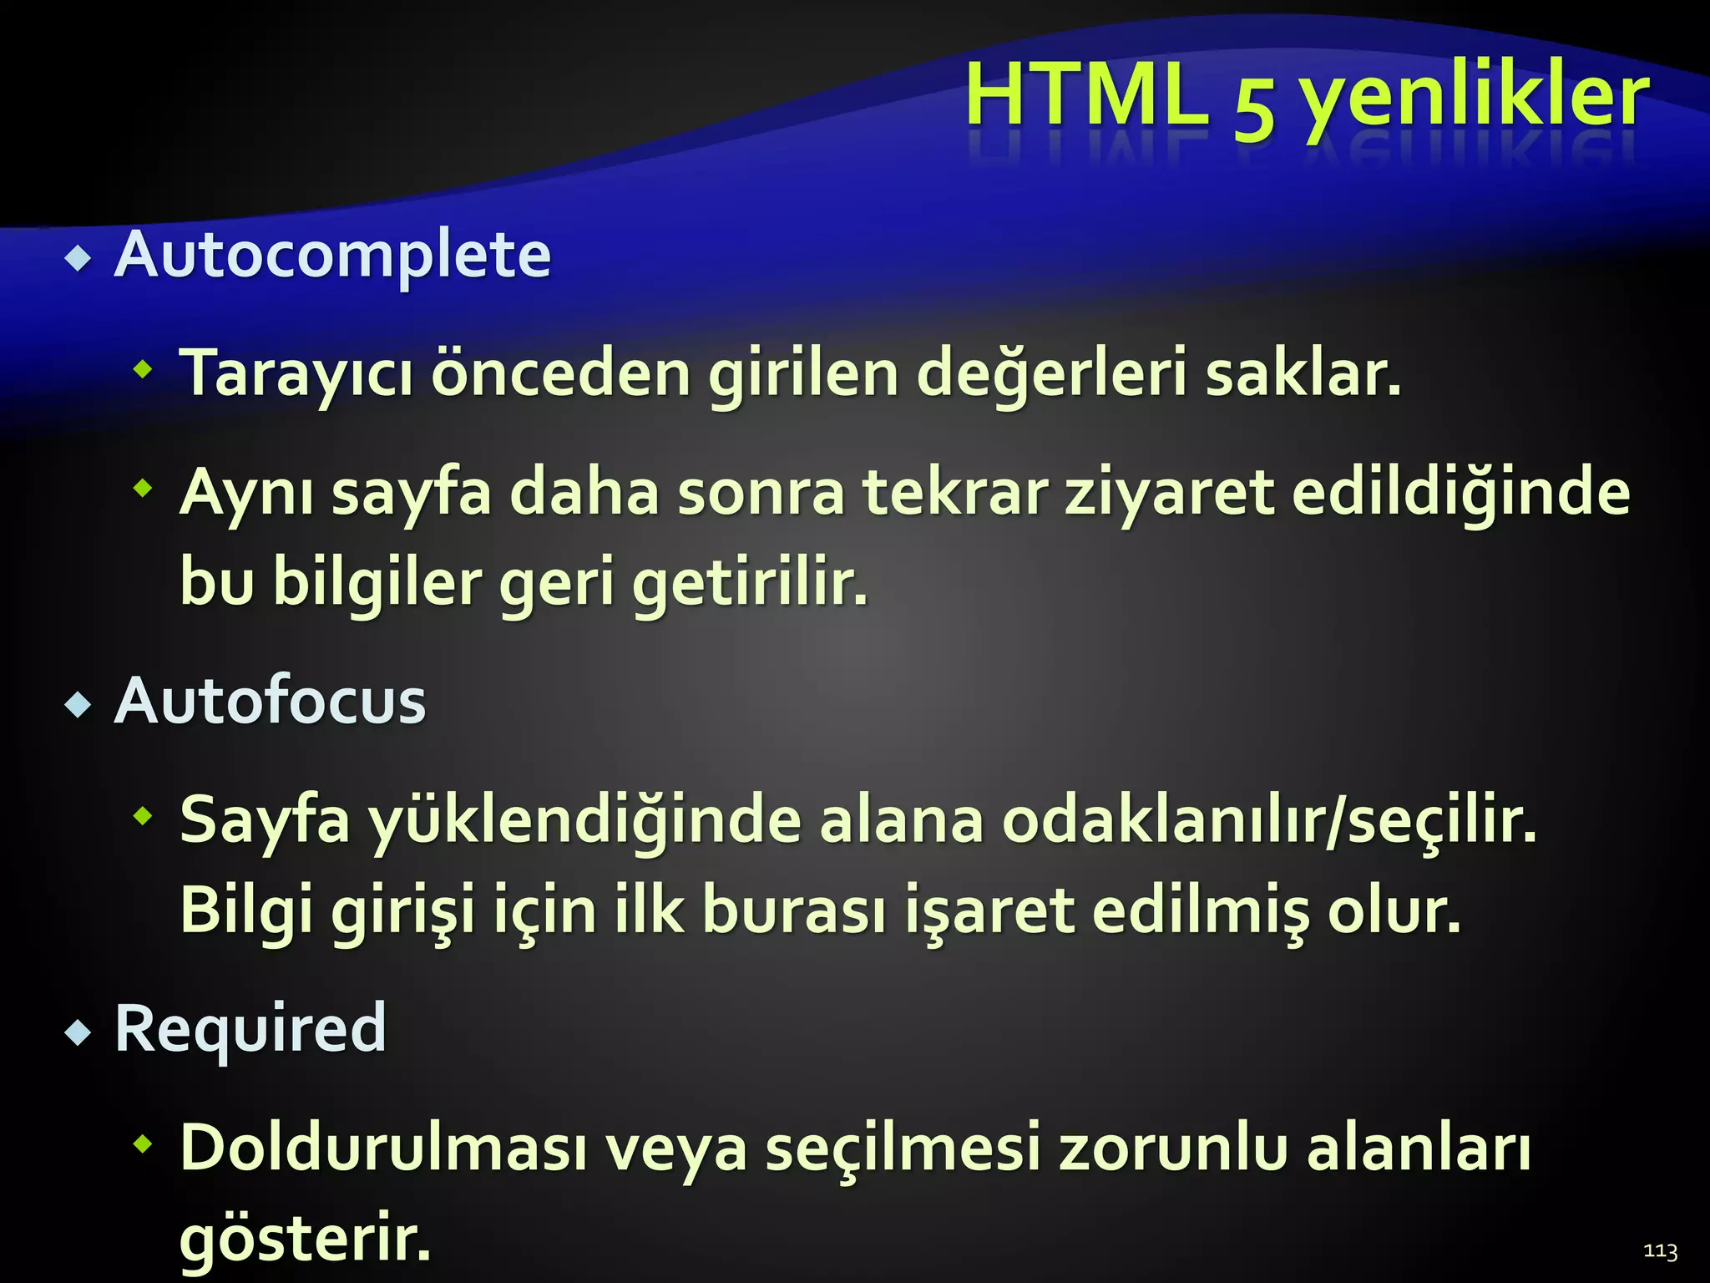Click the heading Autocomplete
click(332, 255)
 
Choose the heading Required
click(250, 1029)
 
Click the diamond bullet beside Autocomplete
click(78, 259)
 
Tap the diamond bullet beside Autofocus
click(78, 706)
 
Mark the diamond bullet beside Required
click(78, 1034)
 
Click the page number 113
click(1660, 1250)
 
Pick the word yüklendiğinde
click(584, 821)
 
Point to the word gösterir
click(305, 1238)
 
